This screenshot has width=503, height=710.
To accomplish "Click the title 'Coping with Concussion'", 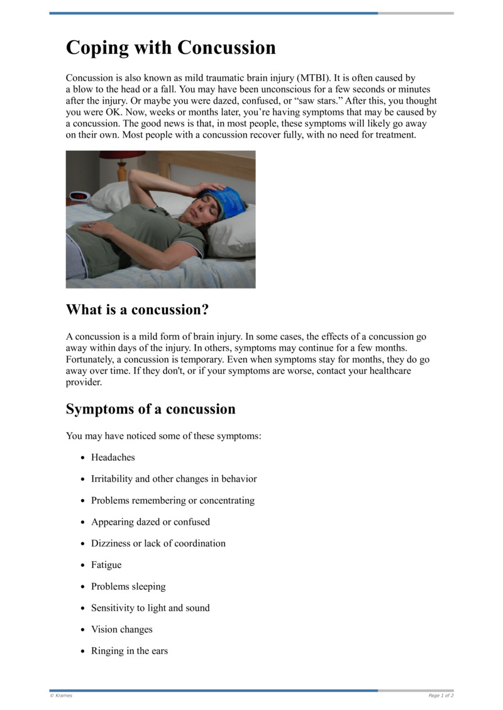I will click(x=170, y=48).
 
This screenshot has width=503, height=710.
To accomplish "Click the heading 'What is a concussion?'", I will click(x=137, y=310).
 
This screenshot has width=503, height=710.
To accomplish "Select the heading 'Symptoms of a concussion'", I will click(x=150, y=409).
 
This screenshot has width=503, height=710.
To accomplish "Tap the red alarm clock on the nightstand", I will click(x=77, y=197).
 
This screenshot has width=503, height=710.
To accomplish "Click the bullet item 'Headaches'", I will click(x=113, y=457).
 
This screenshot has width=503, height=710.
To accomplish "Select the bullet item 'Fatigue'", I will click(x=106, y=565).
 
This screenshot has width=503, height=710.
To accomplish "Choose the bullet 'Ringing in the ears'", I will click(x=130, y=651).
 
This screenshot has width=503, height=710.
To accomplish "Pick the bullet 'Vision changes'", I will click(x=122, y=630).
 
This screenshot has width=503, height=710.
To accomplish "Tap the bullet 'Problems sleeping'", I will click(x=128, y=586).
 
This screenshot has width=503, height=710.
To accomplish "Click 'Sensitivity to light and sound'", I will click(x=150, y=608).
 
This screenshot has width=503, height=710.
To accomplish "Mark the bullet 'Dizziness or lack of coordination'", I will click(x=158, y=543).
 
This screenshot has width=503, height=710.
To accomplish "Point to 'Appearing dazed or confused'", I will click(x=150, y=522).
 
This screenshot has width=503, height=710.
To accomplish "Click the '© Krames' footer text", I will click(x=61, y=696).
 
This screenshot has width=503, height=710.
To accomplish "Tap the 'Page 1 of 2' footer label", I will click(x=441, y=696).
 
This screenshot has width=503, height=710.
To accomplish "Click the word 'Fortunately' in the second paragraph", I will click(x=92, y=359).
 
